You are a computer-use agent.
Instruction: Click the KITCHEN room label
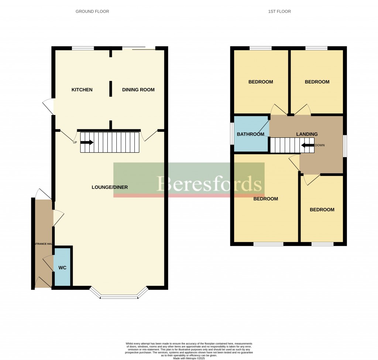pyautogui.click(x=82, y=90)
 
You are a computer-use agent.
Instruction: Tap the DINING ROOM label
pyautogui.click(x=138, y=90)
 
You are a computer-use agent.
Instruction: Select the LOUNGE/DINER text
pyautogui.click(x=110, y=187)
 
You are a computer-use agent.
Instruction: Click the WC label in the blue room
pyautogui.click(x=62, y=268)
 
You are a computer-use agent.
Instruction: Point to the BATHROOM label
pyautogui.click(x=250, y=134)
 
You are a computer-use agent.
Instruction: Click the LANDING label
pyautogui.click(x=307, y=134)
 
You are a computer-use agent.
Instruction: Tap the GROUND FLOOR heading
pyautogui.click(x=92, y=11)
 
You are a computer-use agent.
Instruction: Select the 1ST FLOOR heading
pyautogui.click(x=279, y=11)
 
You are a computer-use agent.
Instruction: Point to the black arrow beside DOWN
pyautogui.click(x=307, y=145)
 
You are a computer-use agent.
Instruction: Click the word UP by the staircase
pyautogui.click(x=75, y=143)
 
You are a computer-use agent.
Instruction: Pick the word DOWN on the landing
pyautogui.click(x=320, y=145)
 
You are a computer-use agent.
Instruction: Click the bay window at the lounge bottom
pyautogui.click(x=119, y=296)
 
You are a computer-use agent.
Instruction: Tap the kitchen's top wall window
pyautogui.click(x=83, y=48)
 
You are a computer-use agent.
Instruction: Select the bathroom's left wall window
pyautogui.click(x=232, y=134)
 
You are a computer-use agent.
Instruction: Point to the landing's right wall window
pyautogui.click(x=345, y=146)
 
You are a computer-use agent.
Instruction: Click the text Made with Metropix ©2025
pyautogui.click(x=189, y=358)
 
